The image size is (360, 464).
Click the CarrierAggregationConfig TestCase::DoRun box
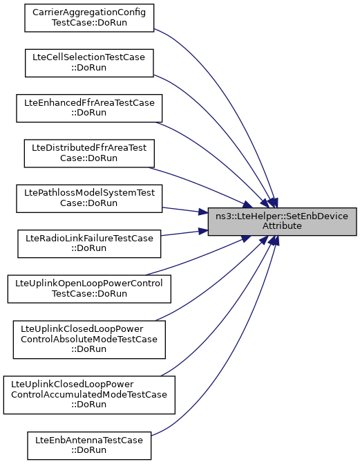tap(89, 18)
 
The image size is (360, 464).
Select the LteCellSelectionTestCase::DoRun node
tap(89, 63)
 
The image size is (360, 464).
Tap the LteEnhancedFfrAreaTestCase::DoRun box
tap(89, 108)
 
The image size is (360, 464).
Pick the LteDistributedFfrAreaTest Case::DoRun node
tap(89, 154)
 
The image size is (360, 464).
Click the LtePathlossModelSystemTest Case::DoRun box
tap(89, 198)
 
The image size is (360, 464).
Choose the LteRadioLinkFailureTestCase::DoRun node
tap(89, 243)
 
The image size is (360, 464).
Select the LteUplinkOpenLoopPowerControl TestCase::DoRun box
tap(89, 289)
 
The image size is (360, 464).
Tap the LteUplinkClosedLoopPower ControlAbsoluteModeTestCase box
tap(89, 340)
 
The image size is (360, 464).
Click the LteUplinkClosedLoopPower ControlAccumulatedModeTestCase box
tap(89, 395)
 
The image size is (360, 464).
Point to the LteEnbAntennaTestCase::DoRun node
tap(89, 445)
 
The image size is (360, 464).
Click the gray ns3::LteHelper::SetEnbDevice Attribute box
tap(282, 222)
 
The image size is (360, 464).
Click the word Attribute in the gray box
tap(282, 226)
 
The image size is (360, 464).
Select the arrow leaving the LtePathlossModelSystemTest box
tap(185, 210)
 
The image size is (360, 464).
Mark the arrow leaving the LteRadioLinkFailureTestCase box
tap(184, 233)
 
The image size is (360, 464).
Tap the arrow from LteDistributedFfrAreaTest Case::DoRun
tap(201, 185)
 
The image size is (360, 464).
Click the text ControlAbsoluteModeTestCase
tap(89, 339)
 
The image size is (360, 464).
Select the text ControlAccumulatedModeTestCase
tap(89, 394)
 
